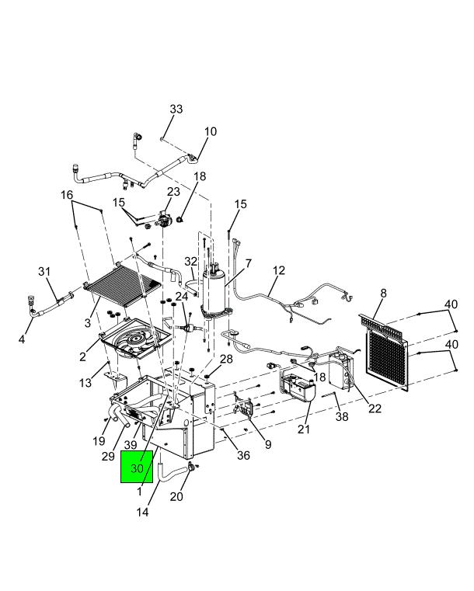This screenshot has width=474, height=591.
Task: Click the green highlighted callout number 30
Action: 138,469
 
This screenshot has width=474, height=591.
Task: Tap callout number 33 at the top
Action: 176,110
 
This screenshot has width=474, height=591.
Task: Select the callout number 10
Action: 211,131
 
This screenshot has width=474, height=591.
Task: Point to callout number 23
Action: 173,191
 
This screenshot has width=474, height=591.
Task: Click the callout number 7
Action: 248,263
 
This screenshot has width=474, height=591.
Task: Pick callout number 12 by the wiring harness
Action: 278,271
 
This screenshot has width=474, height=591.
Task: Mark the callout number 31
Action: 44,271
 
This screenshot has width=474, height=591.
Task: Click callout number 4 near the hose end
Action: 22,339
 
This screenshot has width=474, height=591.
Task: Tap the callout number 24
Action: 181,297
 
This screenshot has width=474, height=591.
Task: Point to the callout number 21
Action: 303,429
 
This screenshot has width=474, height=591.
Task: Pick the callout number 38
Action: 342,416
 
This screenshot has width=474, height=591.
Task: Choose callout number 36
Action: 243,456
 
